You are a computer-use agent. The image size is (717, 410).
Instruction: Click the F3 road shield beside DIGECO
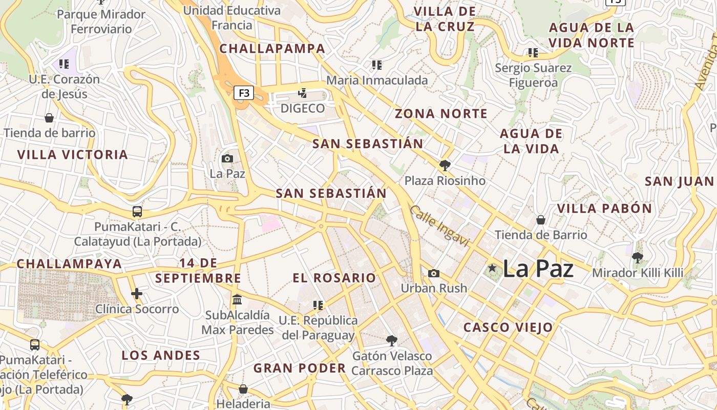[x=244, y=93]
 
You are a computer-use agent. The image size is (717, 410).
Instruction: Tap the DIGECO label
[x=302, y=108]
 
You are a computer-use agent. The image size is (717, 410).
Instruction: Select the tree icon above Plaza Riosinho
[x=445, y=166]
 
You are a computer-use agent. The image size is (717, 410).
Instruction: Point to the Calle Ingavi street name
[x=439, y=226]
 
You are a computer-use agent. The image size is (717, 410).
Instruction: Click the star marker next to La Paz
[x=492, y=268]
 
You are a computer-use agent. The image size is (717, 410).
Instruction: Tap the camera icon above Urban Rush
[x=434, y=273]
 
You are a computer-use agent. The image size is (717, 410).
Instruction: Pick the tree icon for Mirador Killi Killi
[x=638, y=257]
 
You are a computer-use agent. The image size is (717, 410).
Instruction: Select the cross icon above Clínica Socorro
[x=137, y=294]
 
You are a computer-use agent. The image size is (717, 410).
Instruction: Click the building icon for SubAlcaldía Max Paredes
[x=237, y=299]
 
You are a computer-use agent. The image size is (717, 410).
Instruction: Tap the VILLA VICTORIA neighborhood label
[x=72, y=155]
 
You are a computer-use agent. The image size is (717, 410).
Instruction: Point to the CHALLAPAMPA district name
[x=272, y=49]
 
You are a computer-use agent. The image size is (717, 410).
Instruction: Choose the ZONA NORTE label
[x=441, y=114]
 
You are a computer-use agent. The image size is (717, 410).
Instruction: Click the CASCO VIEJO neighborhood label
[x=508, y=327]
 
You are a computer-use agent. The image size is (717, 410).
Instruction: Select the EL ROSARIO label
[x=334, y=278]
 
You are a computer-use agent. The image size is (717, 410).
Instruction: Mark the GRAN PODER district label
[x=300, y=368]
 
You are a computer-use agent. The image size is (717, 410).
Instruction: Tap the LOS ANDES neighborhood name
[x=161, y=355]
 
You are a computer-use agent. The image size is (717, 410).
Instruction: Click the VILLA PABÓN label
[x=604, y=209]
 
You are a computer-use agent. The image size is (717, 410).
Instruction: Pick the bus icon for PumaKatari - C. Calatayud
[x=137, y=211]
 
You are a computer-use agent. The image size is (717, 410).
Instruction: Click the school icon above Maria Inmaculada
[x=377, y=65]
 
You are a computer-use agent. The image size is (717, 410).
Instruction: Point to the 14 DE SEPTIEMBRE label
[x=198, y=271]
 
